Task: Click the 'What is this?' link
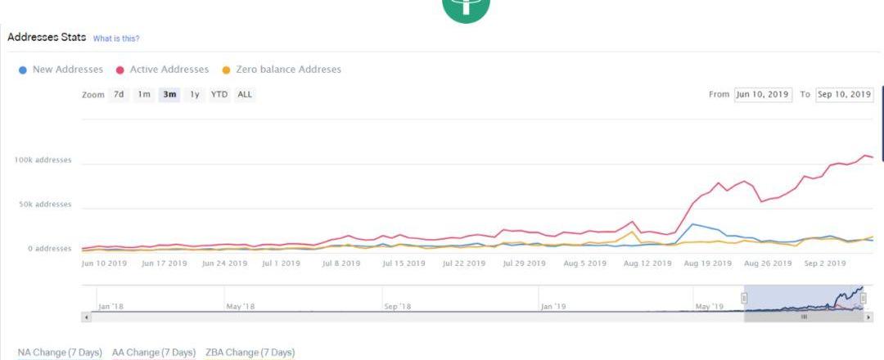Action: pyautogui.click(x=116, y=38)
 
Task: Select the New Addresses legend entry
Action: pyautogui.click(x=61, y=70)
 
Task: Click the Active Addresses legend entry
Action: pyautogui.click(x=163, y=70)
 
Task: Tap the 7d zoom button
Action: pyautogui.click(x=120, y=94)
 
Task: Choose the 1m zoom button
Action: pyautogui.click(x=144, y=94)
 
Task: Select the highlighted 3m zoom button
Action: pyautogui.click(x=170, y=94)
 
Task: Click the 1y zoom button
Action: pyautogui.click(x=195, y=94)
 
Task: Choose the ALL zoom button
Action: pyautogui.click(x=245, y=94)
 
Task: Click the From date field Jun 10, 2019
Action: pyautogui.click(x=762, y=94)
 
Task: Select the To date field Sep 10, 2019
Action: pyautogui.click(x=845, y=94)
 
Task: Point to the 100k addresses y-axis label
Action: pyautogui.click(x=43, y=160)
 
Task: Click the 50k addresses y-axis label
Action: pyautogui.click(x=45, y=205)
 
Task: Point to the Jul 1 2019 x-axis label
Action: pyautogui.click(x=280, y=263)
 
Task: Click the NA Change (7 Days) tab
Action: pyautogui.click(x=60, y=353)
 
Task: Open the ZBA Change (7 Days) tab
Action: pyautogui.click(x=250, y=353)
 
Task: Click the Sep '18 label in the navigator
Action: pyautogui.click(x=396, y=307)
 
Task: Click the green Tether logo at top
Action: pyautogui.click(x=466, y=8)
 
